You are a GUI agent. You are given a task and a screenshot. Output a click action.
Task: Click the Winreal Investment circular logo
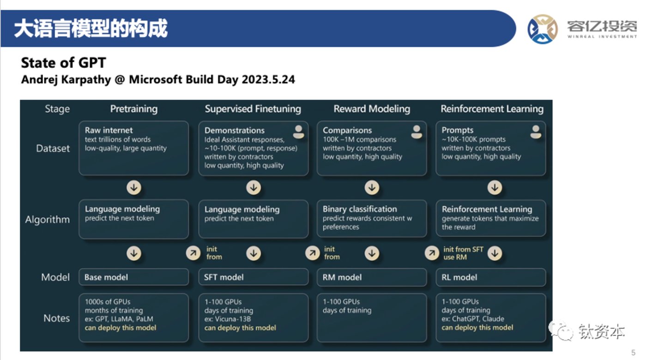(x=543, y=29)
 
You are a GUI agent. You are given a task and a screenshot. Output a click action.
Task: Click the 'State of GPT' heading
(x=63, y=63)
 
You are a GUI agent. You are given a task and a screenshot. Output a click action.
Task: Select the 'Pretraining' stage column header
(x=134, y=109)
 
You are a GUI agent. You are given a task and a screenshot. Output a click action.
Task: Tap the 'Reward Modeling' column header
(x=372, y=109)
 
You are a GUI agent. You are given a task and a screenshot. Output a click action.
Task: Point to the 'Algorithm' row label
(x=47, y=220)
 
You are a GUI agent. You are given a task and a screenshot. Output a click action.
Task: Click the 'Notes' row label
(x=56, y=318)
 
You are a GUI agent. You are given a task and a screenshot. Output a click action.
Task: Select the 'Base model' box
(x=134, y=277)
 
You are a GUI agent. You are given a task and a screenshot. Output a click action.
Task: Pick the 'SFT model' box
(x=254, y=277)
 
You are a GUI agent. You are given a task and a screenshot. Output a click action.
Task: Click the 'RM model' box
(x=372, y=277)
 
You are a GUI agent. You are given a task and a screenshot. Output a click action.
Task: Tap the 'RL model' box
(x=491, y=277)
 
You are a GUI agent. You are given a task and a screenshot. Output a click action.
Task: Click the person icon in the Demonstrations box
(x=298, y=132)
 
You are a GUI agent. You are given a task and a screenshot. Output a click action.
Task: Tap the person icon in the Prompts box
(x=536, y=132)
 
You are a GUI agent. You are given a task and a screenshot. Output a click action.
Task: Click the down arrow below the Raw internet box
(x=134, y=188)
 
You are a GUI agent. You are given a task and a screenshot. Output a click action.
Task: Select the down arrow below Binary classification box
(x=372, y=253)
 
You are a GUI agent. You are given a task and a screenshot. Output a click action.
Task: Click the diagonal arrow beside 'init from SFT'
(x=432, y=253)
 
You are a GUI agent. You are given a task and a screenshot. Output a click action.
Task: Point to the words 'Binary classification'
(x=360, y=209)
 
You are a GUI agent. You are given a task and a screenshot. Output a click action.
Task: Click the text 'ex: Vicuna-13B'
(x=228, y=319)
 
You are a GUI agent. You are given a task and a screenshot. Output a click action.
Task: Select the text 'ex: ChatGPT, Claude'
(x=473, y=319)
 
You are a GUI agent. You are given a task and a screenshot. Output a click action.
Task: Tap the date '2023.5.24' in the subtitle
(x=268, y=79)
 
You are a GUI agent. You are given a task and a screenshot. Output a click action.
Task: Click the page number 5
(x=634, y=353)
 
